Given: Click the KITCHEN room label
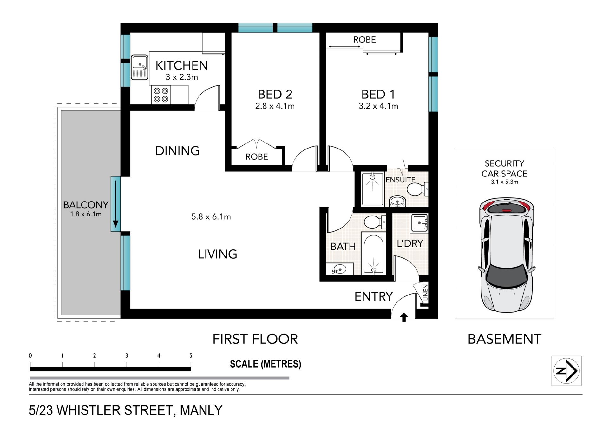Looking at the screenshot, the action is pyautogui.click(x=181, y=65).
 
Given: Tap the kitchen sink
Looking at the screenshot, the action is pyautogui.click(x=140, y=67).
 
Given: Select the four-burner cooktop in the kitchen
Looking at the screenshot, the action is pyautogui.click(x=161, y=95).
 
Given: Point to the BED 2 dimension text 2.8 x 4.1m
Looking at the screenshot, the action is pyautogui.click(x=275, y=106).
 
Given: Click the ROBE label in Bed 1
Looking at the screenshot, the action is pyautogui.click(x=364, y=40).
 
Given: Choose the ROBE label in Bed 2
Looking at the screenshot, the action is pyautogui.click(x=257, y=157).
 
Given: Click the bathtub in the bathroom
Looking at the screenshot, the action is pyautogui.click(x=373, y=254).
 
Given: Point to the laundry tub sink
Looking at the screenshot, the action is pyautogui.click(x=420, y=223).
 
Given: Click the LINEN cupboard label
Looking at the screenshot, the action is pyautogui.click(x=425, y=293).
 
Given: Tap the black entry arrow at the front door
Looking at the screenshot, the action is pyautogui.click(x=404, y=317).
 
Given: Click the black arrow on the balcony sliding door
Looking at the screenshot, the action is pyautogui.click(x=115, y=204).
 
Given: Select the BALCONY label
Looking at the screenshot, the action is pyautogui.click(x=86, y=205).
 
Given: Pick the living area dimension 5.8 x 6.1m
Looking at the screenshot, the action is pyautogui.click(x=211, y=217).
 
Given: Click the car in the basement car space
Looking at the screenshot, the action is pyautogui.click(x=506, y=255).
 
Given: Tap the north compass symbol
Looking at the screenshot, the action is pyautogui.click(x=566, y=371).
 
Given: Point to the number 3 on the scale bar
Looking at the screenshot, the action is pyautogui.click(x=127, y=355).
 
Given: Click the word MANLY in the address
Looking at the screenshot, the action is pyautogui.click(x=201, y=410).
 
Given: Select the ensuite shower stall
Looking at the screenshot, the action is pyautogui.click(x=372, y=189).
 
